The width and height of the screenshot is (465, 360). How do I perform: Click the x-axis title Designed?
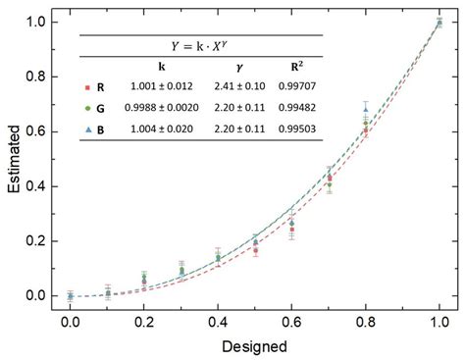pyautogui.click(x=255, y=345)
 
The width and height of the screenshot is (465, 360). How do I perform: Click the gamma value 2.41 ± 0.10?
pyautogui.click(x=227, y=86)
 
